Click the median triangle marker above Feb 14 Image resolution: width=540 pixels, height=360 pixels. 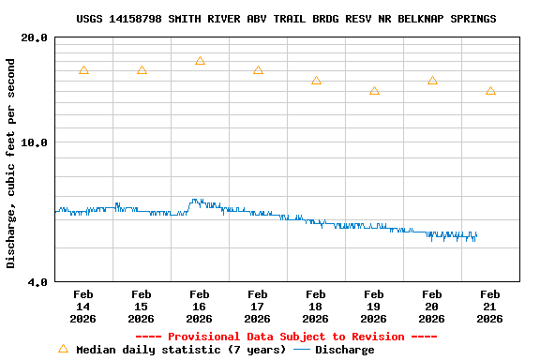[x=83, y=70]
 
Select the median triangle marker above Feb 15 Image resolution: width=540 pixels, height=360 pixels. [x=142, y=70]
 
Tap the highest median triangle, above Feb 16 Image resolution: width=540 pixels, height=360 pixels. [x=200, y=61]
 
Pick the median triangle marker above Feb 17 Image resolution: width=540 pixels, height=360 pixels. [x=258, y=70]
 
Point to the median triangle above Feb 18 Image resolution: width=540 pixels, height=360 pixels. [x=316, y=81]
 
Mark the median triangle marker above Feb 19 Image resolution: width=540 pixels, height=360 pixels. [x=374, y=91]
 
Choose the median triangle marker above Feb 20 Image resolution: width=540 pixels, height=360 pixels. [x=432, y=81]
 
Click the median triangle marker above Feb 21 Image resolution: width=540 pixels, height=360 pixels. [x=490, y=91]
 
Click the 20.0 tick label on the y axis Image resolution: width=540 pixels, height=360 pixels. [x=34, y=37]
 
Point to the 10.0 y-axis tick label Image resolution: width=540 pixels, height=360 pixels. [x=34, y=142]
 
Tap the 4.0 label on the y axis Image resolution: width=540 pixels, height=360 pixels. [x=37, y=281]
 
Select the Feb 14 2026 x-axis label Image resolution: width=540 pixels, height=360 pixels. [x=82, y=307]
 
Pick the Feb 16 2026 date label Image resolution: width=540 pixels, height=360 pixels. [x=199, y=307]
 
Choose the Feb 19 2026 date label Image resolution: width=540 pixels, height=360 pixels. [x=373, y=307]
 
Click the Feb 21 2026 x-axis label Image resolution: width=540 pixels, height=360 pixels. [x=489, y=307]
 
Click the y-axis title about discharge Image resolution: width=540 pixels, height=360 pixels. [x=11, y=163]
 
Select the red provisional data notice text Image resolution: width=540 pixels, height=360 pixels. [x=286, y=337]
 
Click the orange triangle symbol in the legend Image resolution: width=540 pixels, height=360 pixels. [x=63, y=349]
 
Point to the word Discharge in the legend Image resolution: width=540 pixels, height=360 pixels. [x=344, y=350]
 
